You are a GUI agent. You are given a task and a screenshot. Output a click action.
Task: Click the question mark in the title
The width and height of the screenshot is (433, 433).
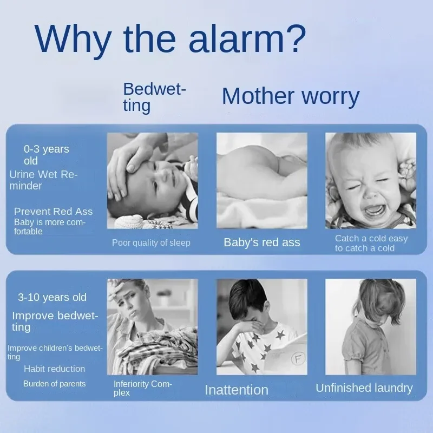pyautogui.click(x=296, y=38)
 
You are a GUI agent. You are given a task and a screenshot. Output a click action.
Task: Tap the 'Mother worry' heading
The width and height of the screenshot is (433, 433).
pyautogui.click(x=291, y=96)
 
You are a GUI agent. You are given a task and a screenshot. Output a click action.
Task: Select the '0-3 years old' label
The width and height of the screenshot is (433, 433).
pyautogui.click(x=46, y=155)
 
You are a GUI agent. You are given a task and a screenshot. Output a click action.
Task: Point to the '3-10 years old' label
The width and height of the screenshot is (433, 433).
pyautogui.click(x=52, y=297)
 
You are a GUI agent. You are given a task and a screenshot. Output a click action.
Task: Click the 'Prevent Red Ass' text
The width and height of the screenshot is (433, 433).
pyautogui.click(x=53, y=211)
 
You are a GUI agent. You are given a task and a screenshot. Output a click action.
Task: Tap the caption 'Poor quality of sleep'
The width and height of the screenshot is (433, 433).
pyautogui.click(x=151, y=242)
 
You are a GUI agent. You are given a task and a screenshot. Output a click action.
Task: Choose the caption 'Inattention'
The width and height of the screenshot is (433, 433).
pyautogui.click(x=237, y=390)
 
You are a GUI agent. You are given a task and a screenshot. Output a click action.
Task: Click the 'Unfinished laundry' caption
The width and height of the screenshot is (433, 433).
pyautogui.click(x=364, y=388)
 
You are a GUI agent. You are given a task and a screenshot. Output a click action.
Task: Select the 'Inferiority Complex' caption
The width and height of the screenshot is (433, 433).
pyautogui.click(x=143, y=388)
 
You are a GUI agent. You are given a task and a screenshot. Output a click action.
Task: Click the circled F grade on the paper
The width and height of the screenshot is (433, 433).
pyautogui.click(x=298, y=359)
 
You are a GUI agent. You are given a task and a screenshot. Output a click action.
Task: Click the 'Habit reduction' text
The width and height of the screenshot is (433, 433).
pyautogui.click(x=55, y=369)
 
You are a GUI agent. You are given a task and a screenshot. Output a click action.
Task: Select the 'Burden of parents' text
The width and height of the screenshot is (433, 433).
pyautogui.click(x=55, y=384)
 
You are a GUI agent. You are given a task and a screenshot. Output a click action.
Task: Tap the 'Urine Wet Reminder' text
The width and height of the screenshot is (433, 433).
pyautogui.click(x=43, y=180)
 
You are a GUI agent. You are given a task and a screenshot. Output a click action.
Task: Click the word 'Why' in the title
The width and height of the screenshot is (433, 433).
pyautogui.click(x=73, y=38)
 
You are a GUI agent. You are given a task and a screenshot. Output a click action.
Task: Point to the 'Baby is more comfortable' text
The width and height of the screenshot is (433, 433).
pyautogui.click(x=50, y=227)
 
